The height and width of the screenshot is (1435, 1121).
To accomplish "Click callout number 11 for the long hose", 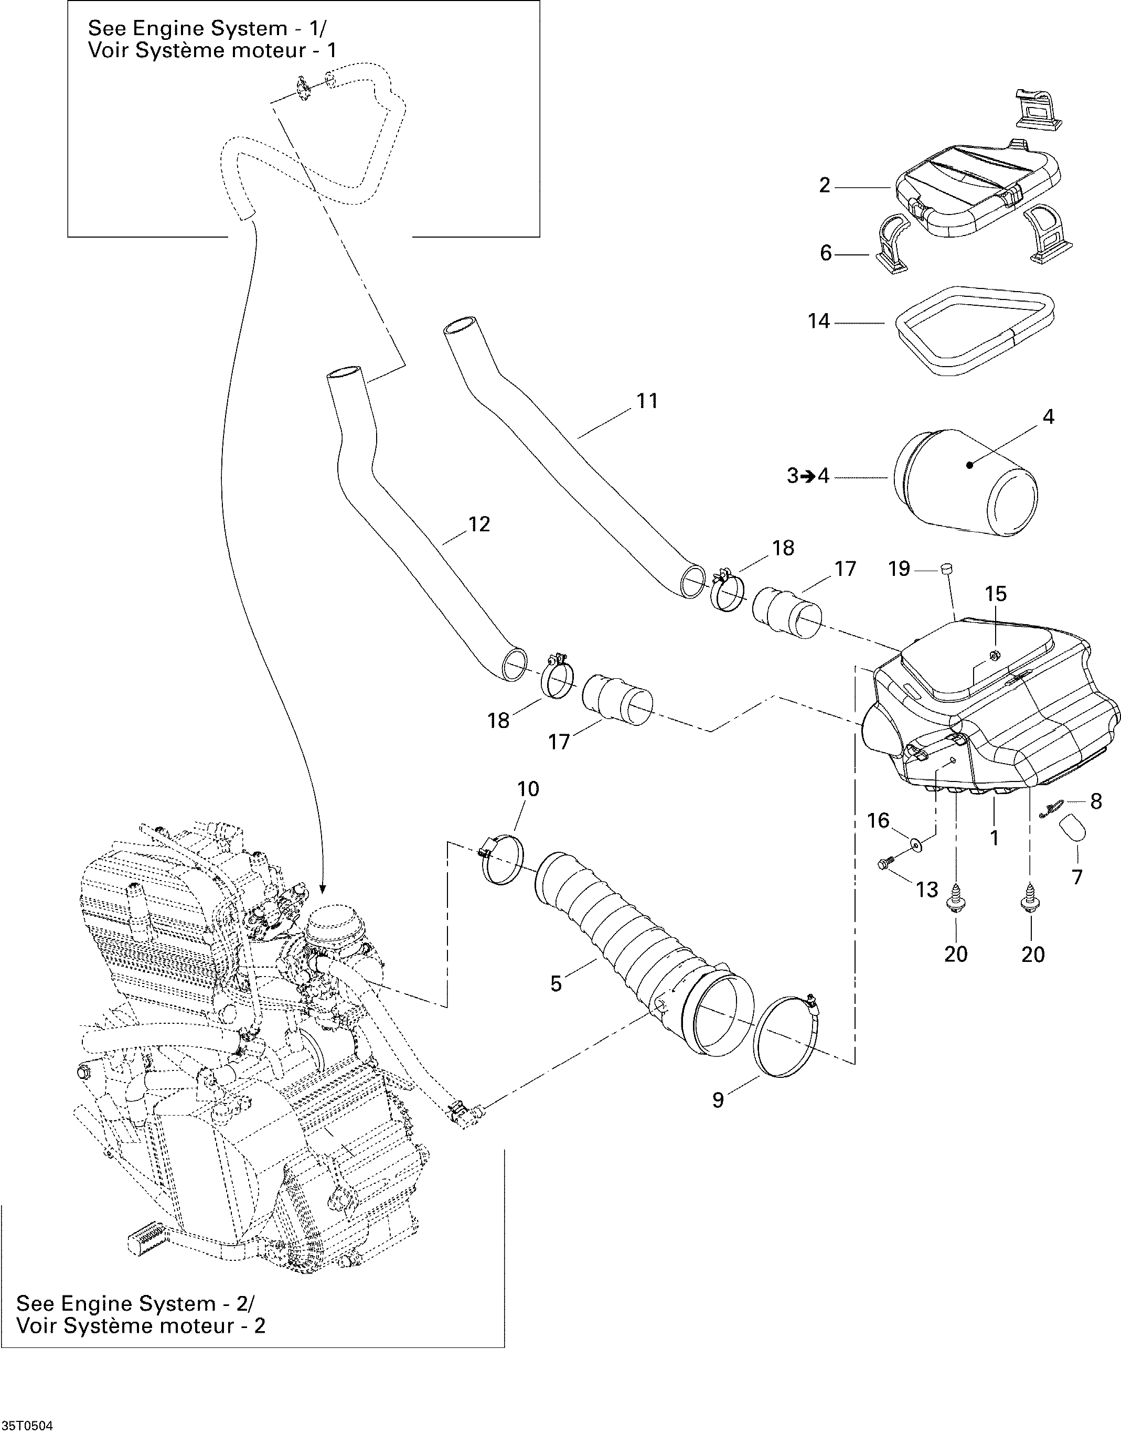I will click(647, 401).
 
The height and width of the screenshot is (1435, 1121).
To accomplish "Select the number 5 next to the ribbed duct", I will click(556, 983).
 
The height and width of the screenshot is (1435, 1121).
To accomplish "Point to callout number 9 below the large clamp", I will click(718, 1100).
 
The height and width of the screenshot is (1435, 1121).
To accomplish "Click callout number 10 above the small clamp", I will click(528, 788).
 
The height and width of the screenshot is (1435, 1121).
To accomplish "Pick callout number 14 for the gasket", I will click(819, 322).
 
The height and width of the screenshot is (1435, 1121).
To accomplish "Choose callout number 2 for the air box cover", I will click(825, 186).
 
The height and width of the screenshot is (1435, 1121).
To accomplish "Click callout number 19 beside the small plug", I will click(899, 569).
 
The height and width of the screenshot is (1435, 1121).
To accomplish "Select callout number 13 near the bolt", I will click(927, 890).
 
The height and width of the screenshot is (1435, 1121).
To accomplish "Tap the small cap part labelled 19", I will click(947, 569).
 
